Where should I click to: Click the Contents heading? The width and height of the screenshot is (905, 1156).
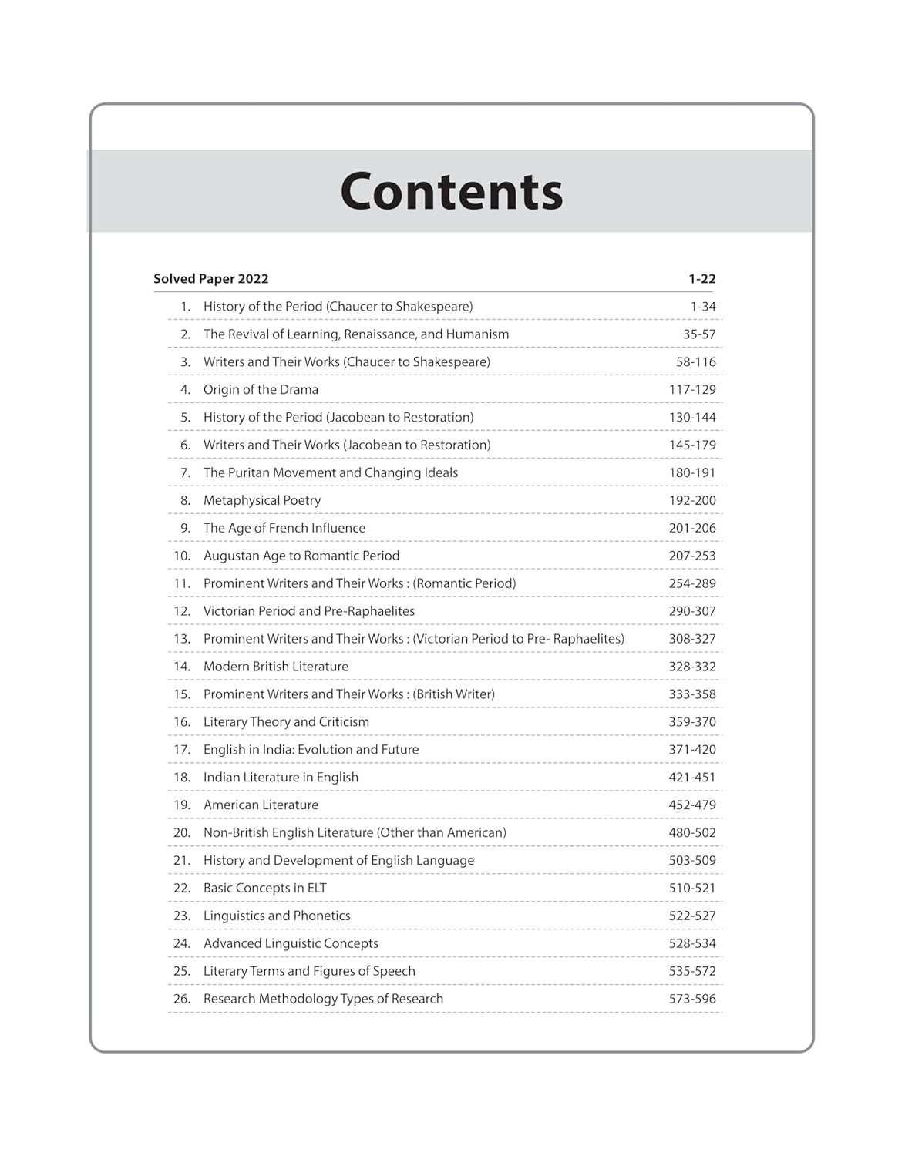click(x=452, y=192)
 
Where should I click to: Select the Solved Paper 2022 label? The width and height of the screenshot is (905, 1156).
click(x=210, y=279)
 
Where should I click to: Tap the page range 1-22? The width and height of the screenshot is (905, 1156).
click(x=702, y=279)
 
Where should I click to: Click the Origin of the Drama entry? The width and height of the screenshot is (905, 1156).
click(x=261, y=390)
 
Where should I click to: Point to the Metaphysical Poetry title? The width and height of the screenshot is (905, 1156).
click(x=262, y=501)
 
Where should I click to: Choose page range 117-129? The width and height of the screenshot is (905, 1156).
click(x=692, y=390)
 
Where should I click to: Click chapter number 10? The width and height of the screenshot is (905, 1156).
click(x=182, y=556)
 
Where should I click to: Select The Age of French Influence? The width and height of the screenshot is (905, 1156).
click(x=284, y=529)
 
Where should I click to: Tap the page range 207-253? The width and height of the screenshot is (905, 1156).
click(x=692, y=556)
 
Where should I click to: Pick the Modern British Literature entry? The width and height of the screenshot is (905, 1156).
click(x=276, y=667)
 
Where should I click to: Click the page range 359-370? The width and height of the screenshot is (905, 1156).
click(x=692, y=722)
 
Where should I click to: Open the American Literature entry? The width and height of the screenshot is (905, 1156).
click(x=261, y=805)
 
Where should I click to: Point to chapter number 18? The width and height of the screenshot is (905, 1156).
click(x=182, y=778)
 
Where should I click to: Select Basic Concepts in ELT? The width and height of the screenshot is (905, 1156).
click(x=265, y=889)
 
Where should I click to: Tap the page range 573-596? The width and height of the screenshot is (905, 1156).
click(x=692, y=1000)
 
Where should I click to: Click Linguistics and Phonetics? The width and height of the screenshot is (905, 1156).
click(x=277, y=916)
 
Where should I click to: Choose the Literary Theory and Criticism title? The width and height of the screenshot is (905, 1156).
click(x=286, y=722)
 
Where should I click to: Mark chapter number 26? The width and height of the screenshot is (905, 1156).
click(x=182, y=1000)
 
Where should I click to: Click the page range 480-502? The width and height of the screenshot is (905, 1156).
click(x=692, y=833)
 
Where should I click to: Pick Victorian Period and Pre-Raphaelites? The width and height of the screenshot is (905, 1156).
click(x=309, y=612)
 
